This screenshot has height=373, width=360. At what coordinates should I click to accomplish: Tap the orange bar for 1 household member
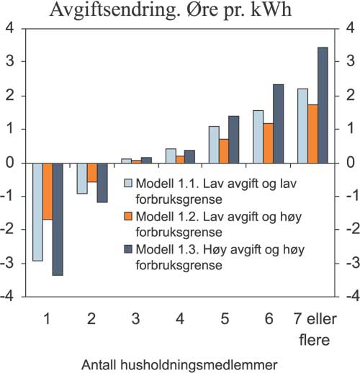pos(48,191)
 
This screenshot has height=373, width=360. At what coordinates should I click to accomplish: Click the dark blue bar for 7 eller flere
pos(323,105)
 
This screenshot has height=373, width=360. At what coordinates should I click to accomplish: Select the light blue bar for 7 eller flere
pos(302,125)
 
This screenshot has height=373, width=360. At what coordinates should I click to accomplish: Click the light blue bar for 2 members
pos(82,178)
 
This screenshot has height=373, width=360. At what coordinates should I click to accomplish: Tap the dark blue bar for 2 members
pos(102,182)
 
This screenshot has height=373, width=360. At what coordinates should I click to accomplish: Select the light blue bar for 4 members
pos(170,156)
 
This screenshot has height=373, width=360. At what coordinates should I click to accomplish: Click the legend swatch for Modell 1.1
pos(128,183)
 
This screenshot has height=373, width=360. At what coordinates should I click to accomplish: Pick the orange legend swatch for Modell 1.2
pos(128,216)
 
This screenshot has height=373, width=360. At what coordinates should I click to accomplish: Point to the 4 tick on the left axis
pos(11,29)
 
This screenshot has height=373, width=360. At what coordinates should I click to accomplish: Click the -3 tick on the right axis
pos(349,262)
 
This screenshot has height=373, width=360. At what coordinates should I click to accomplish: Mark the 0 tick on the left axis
pos(11,163)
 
